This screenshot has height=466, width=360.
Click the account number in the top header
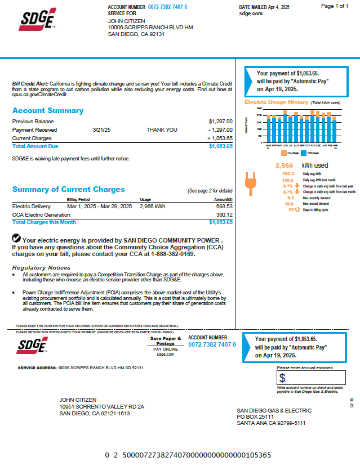coord(168,7)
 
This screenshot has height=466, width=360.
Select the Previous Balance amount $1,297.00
coord(220,122)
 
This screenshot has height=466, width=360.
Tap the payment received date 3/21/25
coord(101,129)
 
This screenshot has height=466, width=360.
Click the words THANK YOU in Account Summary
coord(162,129)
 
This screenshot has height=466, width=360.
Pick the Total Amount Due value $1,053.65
coord(220,146)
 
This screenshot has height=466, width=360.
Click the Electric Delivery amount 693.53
coord(224,207)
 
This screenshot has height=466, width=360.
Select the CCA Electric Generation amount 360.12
coord(224,214)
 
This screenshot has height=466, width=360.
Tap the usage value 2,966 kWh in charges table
coord(153,207)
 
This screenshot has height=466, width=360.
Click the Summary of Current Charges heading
coord(69,190)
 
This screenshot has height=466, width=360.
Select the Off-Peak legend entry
coord(308,153)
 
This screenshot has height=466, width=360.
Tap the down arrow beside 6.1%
coord(297,185)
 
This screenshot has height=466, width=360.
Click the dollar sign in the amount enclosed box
coord(282,378)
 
